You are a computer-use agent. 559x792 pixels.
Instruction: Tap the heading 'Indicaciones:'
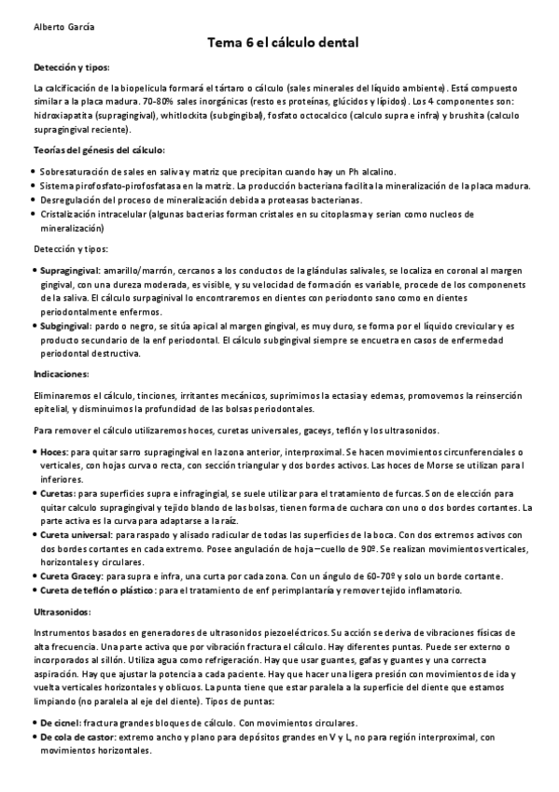(61, 374)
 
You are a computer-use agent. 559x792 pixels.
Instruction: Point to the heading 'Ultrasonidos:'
(62, 611)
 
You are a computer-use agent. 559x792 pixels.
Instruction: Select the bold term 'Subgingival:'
(64, 325)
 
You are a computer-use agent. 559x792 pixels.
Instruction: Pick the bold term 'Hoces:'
(54, 452)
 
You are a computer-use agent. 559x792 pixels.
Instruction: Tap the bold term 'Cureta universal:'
(76, 534)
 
